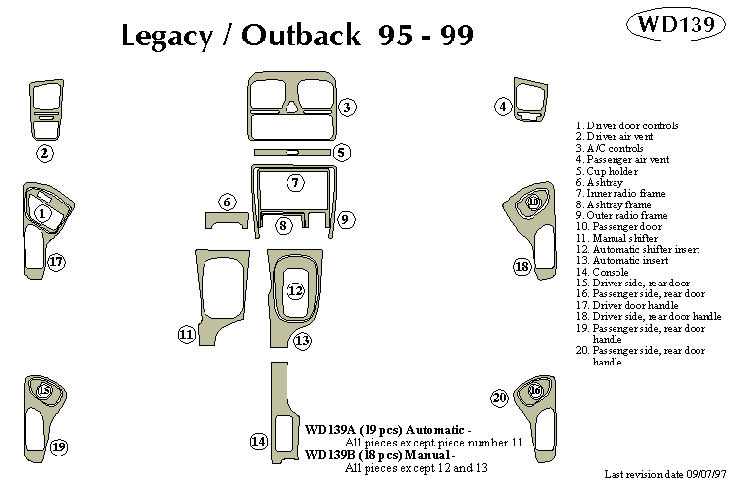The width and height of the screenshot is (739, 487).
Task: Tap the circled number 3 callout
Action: pos(347,107)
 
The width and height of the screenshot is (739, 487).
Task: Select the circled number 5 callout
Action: pos(502,106)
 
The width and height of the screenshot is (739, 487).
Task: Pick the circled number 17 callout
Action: pos(56,262)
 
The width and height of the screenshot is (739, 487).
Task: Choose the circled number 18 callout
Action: pos(521,267)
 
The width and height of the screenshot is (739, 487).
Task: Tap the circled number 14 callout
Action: pos(258,442)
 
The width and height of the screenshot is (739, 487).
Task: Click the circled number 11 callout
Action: pos(186,335)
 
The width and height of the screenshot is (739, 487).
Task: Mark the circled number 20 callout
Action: pos(499,397)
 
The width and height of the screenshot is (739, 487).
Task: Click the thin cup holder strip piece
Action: pos(292,152)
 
